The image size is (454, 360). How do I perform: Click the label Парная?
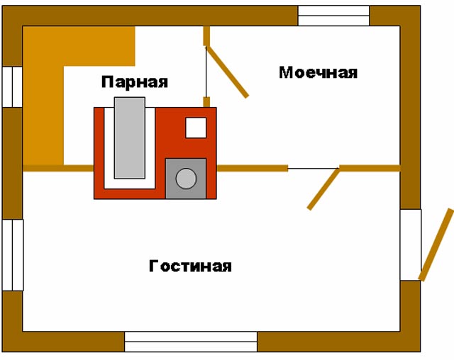(134, 81)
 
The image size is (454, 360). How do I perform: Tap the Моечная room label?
(318, 72)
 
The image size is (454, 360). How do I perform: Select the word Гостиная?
(190, 266)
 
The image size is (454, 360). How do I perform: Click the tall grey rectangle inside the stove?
(129, 138)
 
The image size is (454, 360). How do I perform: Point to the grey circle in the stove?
(186, 179)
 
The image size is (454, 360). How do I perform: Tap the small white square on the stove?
(196, 128)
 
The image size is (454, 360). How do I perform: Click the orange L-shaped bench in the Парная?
(45, 99)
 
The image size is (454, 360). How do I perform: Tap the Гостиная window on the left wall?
(12, 254)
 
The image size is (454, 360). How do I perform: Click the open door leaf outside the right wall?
(436, 244)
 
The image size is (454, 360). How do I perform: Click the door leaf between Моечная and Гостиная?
(323, 189)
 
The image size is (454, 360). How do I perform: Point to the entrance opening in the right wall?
(411, 244)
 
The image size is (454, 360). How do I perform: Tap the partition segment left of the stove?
(58, 168)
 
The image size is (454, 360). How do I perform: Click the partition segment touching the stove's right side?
(252, 168)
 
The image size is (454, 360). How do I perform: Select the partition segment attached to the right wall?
(370, 168)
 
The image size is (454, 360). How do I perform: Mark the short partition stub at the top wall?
(206, 36)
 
